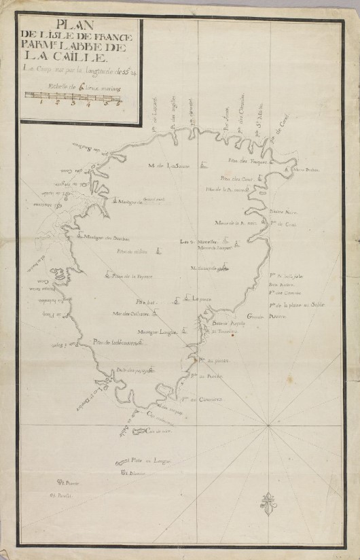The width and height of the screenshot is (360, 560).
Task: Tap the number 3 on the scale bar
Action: coord(73,104)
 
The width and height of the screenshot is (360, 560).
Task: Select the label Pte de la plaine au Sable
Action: coord(297,305)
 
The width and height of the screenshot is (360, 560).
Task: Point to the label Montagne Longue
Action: coord(157,332)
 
